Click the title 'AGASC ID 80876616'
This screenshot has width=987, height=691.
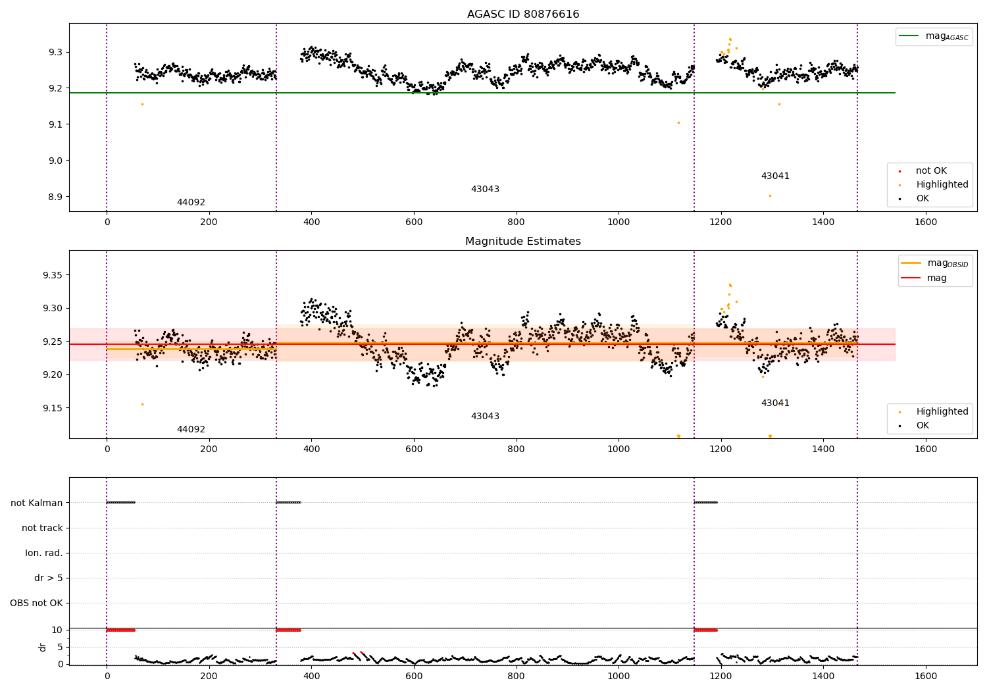522,14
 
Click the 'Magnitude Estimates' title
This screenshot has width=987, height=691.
522,242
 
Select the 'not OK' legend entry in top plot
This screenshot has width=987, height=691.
931,171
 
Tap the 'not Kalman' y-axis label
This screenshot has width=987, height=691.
37,503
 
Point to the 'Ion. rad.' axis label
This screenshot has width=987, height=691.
44,553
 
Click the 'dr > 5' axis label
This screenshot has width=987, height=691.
49,578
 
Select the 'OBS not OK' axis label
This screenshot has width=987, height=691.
37,603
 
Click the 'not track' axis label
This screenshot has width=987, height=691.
42,528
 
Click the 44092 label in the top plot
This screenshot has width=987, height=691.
191,203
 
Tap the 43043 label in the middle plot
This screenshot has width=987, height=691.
485,417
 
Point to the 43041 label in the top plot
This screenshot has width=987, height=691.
775,176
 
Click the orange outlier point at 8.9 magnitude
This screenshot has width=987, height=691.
770,195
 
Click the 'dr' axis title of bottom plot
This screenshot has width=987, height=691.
43,647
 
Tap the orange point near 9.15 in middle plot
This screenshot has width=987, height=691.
142,404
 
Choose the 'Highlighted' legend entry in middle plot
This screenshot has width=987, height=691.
942,412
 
